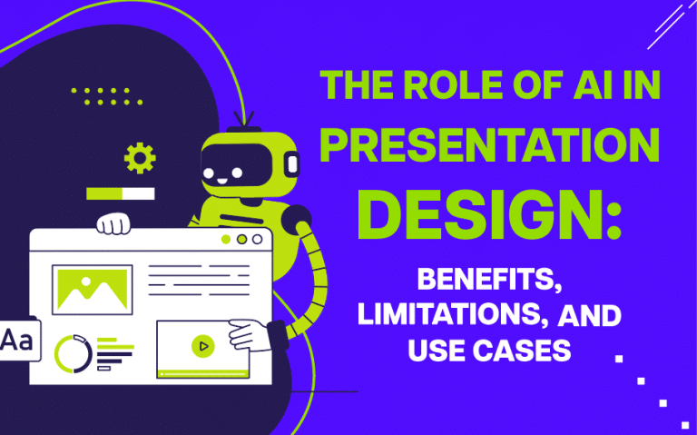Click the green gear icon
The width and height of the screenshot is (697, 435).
[140, 159]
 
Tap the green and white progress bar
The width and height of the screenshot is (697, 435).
[120, 193]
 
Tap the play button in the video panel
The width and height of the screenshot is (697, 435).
[202, 345]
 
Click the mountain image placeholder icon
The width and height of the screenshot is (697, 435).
[92, 289]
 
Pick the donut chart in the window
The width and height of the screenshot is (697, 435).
[72, 352]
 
